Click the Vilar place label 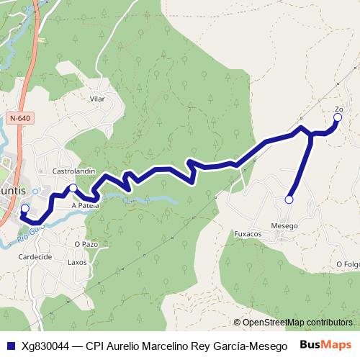97,99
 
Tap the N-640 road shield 20,117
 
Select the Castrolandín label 74,171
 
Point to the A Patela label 85,204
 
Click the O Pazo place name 86,244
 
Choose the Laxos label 77,262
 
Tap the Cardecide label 35,256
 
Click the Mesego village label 284,226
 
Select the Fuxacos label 248,235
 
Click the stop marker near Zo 337,117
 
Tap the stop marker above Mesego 289,199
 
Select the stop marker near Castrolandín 73,188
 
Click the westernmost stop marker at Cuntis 24,210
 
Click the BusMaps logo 325,345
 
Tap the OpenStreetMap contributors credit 293,323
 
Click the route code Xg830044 45,346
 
